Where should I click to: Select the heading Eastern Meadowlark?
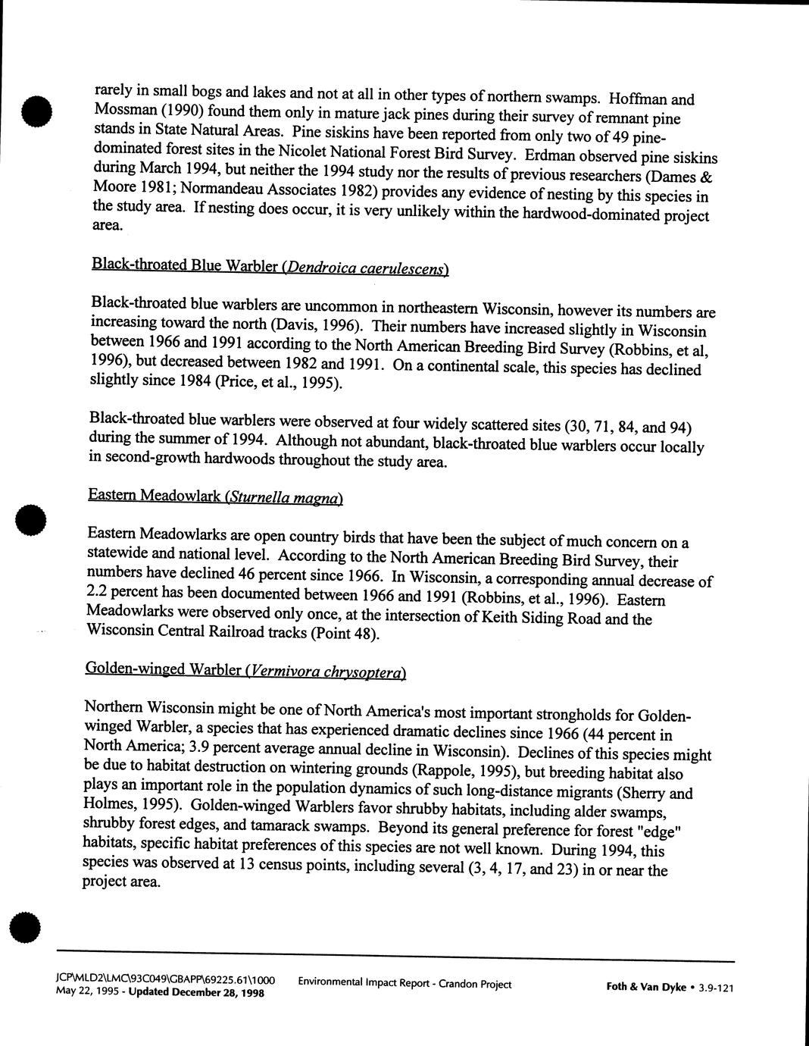154,496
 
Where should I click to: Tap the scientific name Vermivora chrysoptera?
326,670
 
